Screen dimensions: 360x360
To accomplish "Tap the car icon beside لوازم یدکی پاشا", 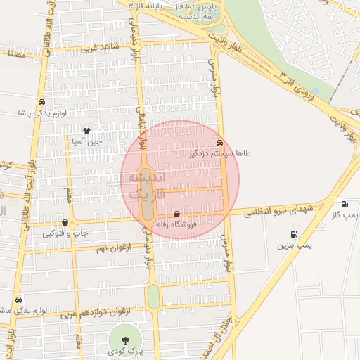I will [42, 102].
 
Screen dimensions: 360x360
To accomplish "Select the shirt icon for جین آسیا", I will [86, 130].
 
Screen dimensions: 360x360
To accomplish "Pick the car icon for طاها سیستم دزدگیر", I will [220, 141].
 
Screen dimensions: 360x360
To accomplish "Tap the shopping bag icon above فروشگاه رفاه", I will [176, 214].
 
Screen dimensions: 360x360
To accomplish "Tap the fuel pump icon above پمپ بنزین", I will [293, 235].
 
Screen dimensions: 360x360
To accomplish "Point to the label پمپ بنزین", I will [292, 246].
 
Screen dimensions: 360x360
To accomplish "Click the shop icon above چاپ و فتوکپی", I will [65, 222].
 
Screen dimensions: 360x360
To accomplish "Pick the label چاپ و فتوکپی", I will [65, 233].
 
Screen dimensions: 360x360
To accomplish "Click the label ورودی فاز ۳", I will [306, 85].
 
